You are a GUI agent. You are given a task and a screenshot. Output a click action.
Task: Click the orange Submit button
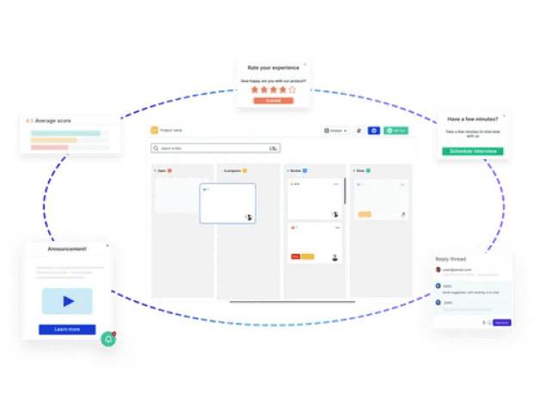coord(273,101)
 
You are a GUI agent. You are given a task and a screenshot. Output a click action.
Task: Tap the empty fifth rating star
coord(292,89)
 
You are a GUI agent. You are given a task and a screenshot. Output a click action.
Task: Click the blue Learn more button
coord(67,329)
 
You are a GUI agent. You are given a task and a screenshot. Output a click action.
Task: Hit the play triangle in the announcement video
coord(68,301)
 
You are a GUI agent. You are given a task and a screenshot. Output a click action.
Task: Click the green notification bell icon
coord(108,339)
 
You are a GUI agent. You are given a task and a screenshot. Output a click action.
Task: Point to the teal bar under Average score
coord(65,133)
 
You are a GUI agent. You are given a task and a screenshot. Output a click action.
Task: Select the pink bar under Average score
coord(49,147)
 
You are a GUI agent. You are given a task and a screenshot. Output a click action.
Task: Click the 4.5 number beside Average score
coord(30,121)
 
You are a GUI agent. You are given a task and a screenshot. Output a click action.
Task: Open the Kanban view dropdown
coord(335,131)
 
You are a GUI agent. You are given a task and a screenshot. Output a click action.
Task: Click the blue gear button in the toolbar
coord(373,131)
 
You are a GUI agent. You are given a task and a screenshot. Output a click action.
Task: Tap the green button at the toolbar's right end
coord(396,131)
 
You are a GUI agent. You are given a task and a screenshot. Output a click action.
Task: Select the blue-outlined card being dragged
coord(227,203)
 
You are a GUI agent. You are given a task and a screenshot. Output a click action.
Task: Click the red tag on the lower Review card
coord(295,256)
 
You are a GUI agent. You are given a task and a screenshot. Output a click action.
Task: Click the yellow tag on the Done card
coord(364,213)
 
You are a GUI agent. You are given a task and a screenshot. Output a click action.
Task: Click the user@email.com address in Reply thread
coord(458,269)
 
